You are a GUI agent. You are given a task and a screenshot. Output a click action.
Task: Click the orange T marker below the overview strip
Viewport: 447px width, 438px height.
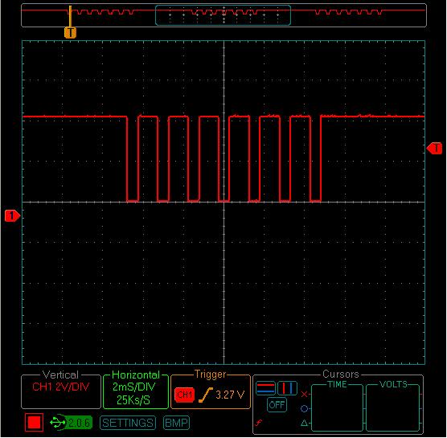[x=70, y=32]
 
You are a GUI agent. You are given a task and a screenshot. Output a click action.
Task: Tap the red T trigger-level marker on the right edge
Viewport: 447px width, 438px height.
[x=434, y=148]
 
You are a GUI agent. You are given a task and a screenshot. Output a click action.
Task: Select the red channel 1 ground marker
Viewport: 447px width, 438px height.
[x=12, y=215]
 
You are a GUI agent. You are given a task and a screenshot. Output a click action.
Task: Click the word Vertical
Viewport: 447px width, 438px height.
[x=60, y=375]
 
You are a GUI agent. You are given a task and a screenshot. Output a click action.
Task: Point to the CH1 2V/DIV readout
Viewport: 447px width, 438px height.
[x=61, y=387]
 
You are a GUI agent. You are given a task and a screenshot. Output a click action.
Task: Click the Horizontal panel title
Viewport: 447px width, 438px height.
[x=136, y=375]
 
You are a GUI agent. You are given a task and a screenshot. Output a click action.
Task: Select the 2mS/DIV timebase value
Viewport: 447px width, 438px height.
[x=134, y=387]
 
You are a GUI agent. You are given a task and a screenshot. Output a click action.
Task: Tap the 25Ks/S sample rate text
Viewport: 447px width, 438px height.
[x=133, y=399]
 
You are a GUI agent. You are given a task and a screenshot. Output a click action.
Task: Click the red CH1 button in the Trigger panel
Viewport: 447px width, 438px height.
[x=184, y=395]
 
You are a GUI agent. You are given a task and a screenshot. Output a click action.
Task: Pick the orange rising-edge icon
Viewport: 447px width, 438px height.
[x=206, y=395]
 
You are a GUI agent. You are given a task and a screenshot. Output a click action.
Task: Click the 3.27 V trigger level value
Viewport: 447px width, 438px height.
[x=230, y=395]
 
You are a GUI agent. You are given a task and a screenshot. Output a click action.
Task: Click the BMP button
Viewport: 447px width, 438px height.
[x=176, y=423]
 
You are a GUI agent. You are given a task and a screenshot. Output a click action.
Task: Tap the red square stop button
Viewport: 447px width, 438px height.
[x=34, y=422]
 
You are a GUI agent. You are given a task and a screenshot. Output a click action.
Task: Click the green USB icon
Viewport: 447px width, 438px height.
[x=58, y=422]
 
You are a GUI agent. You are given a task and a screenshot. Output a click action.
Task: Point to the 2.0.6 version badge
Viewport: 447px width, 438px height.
[x=79, y=422]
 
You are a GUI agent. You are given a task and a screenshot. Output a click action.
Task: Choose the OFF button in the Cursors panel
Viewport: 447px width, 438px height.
[x=277, y=405]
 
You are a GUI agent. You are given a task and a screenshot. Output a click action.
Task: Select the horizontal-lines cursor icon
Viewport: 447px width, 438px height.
[x=265, y=388]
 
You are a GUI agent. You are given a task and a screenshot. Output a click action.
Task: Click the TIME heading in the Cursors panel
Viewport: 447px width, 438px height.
[x=337, y=384]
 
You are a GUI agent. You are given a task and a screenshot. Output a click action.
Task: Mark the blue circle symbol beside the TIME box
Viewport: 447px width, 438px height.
[x=304, y=409]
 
